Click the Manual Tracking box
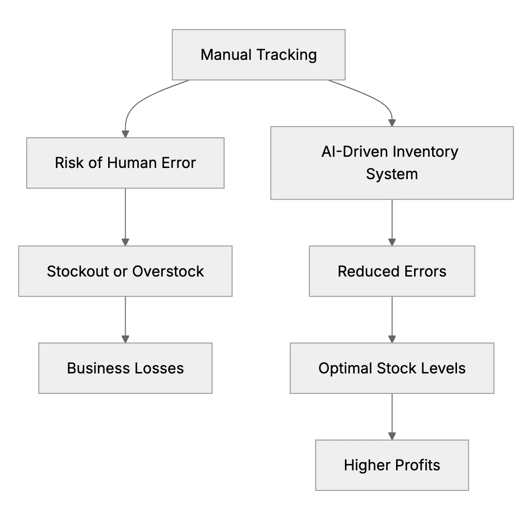[259, 55]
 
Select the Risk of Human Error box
[125, 163]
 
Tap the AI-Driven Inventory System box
[392, 163]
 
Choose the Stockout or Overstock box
[125, 271]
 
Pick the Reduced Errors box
[392, 271]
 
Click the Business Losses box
[125, 368]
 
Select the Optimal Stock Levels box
[392, 368]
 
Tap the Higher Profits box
[392, 465]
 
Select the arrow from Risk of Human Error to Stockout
[125, 217]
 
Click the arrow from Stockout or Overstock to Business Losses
[125, 320]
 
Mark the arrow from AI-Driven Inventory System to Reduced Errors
[392, 223]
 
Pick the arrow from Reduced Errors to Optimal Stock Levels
[392, 320]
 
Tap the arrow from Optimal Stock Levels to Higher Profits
[392, 417]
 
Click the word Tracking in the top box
[286, 55]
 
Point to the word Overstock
[168, 271]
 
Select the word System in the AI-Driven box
[392, 174]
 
